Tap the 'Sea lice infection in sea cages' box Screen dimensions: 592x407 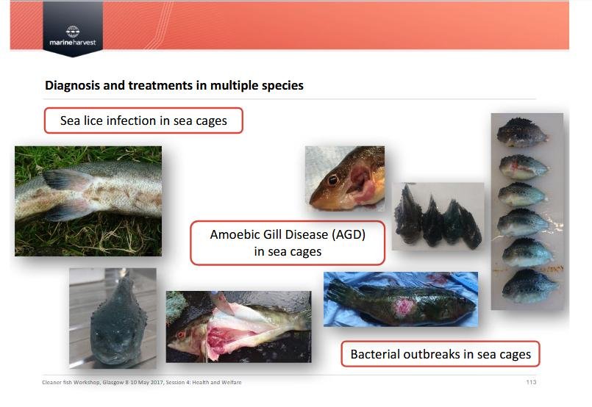click(143, 120)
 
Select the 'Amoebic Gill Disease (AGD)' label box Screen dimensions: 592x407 click(288, 243)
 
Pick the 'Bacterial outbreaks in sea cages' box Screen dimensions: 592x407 click(441, 354)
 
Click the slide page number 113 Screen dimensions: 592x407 click(531, 382)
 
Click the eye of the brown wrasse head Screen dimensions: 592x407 click(332, 180)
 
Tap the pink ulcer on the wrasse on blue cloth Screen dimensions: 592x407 click(404, 306)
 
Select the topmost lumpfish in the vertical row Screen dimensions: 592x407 click(522, 132)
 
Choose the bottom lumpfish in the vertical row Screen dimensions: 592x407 click(529, 286)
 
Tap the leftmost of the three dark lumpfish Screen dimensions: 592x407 click(407, 216)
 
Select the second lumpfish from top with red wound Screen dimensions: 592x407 click(524, 166)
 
